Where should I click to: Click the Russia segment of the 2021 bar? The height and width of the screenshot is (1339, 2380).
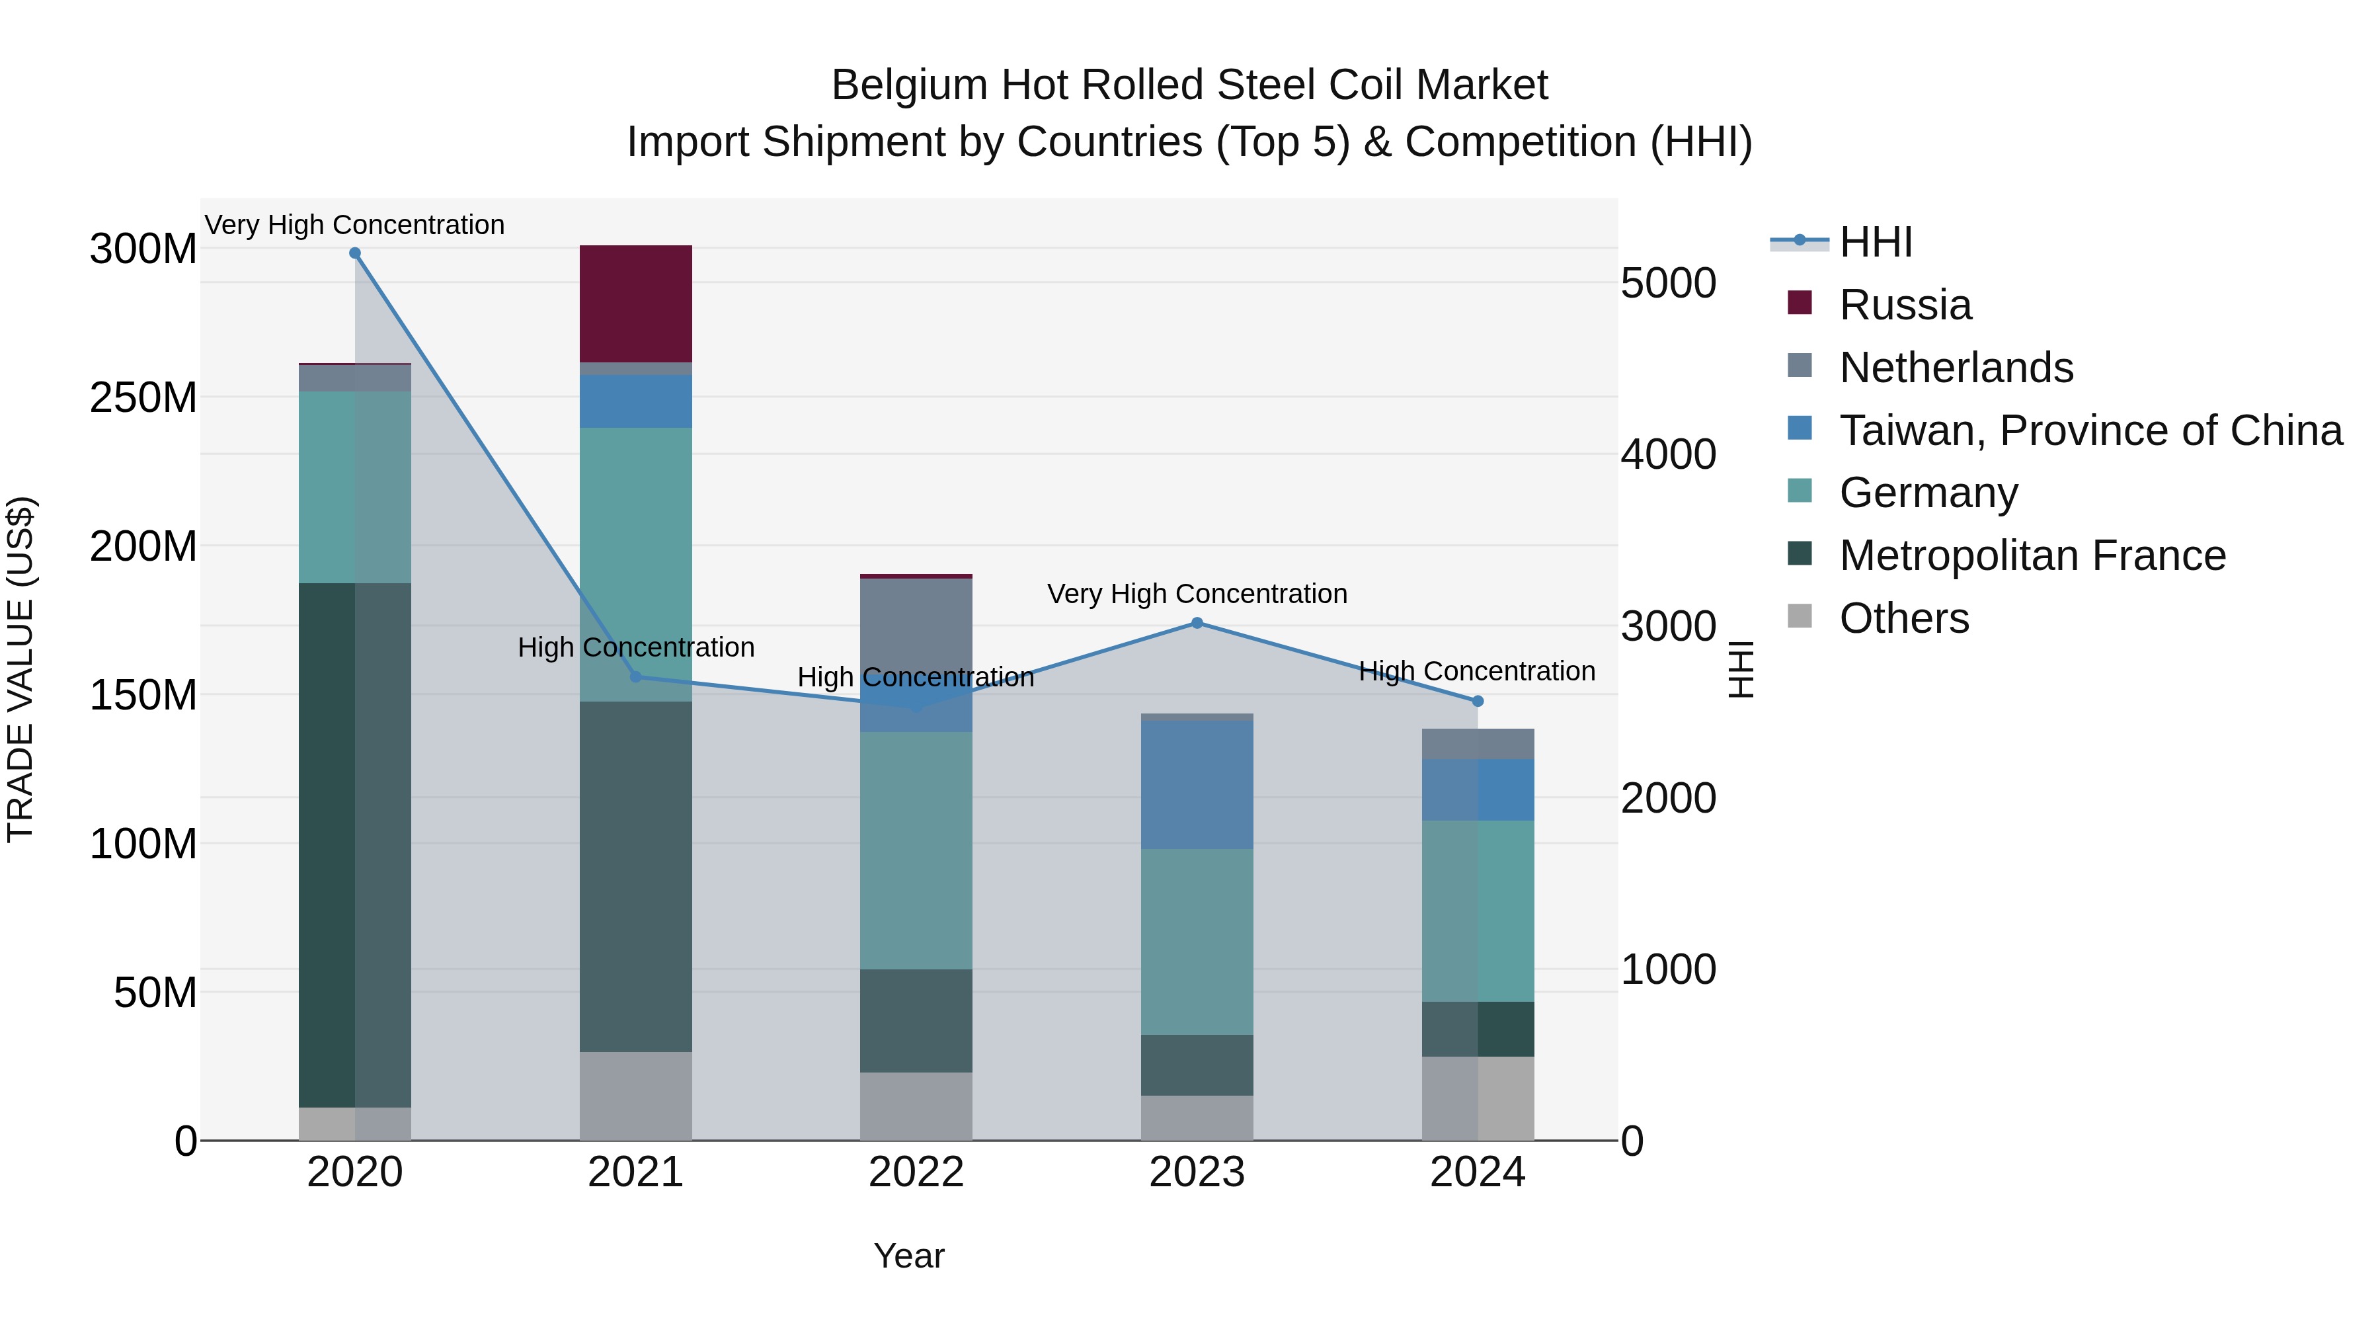tap(635, 303)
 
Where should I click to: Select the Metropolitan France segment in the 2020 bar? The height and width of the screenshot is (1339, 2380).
tap(355, 844)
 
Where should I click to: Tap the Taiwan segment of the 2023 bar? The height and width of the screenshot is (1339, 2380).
tap(1197, 784)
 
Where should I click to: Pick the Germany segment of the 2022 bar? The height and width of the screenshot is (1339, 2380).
tap(916, 850)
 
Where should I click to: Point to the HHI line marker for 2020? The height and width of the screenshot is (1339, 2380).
tap(355, 253)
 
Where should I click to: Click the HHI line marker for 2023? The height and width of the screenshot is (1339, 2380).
tap(1197, 623)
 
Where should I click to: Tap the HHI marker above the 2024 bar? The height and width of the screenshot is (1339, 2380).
tap(1478, 702)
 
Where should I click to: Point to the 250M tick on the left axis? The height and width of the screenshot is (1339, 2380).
tap(143, 397)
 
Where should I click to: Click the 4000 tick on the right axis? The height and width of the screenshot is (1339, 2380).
tap(1668, 455)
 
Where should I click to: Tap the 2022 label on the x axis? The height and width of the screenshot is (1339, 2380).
tap(916, 1172)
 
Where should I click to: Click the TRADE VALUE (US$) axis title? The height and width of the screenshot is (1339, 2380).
tap(20, 669)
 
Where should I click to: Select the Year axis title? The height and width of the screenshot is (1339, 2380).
tap(908, 1256)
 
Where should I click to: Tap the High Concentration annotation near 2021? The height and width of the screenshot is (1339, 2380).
tap(635, 647)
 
